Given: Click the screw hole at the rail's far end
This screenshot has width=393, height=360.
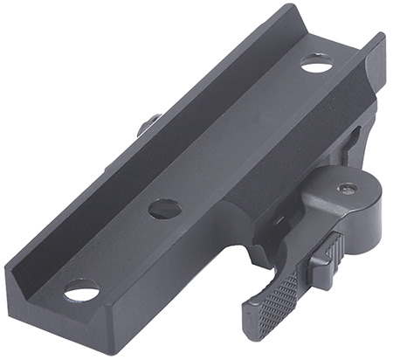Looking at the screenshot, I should point(316,63).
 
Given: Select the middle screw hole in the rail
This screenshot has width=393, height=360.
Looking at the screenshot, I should point(164,208).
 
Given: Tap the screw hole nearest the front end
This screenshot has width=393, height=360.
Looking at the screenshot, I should point(81,289).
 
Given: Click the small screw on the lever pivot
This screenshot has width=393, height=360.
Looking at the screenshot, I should point(347,187).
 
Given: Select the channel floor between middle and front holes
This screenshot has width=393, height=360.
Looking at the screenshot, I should point(122,249).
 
